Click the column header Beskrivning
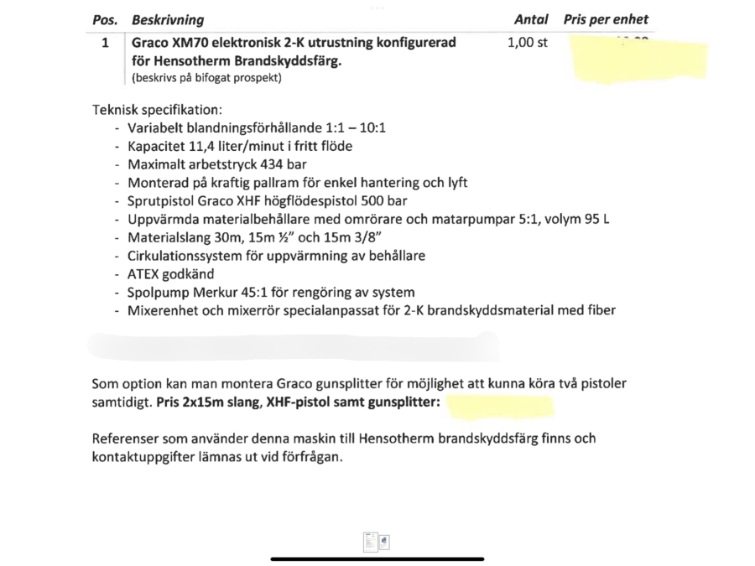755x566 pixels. pyautogui.click(x=167, y=19)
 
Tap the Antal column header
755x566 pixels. pyautogui.click(x=530, y=19)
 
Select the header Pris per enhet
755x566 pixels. pyautogui.click(x=606, y=19)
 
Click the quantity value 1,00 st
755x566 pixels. pyautogui.click(x=527, y=43)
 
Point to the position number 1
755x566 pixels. pyautogui.click(x=106, y=43)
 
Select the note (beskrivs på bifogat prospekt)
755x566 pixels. pyautogui.click(x=206, y=78)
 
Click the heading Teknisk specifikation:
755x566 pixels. pyautogui.click(x=158, y=110)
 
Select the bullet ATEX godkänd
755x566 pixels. pyautogui.click(x=170, y=273)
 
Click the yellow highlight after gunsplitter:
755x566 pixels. pyautogui.click(x=501, y=407)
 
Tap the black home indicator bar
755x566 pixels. pyautogui.click(x=377, y=558)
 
